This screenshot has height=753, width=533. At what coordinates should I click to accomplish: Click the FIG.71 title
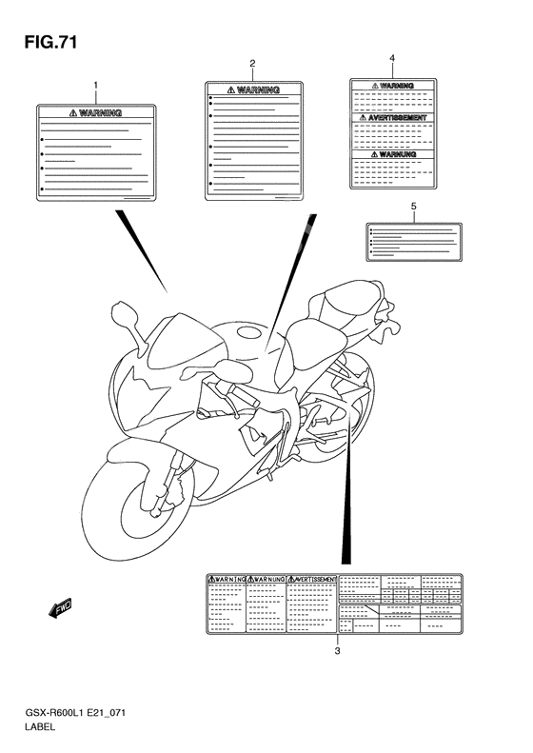43,42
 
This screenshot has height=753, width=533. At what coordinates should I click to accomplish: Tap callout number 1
96,87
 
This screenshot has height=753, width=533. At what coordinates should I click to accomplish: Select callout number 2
252,65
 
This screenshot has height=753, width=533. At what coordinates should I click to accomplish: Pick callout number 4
391,59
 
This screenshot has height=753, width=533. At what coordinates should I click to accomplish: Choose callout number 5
413,206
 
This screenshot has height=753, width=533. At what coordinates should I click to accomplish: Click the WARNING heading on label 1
96,112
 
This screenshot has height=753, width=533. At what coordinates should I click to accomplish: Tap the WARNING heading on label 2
251,89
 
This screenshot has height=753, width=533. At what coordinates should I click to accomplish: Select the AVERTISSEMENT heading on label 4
392,118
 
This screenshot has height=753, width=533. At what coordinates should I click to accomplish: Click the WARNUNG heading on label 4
392,152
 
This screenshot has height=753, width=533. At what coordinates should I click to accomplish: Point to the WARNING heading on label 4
392,86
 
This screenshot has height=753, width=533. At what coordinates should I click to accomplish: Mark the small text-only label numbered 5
414,241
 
